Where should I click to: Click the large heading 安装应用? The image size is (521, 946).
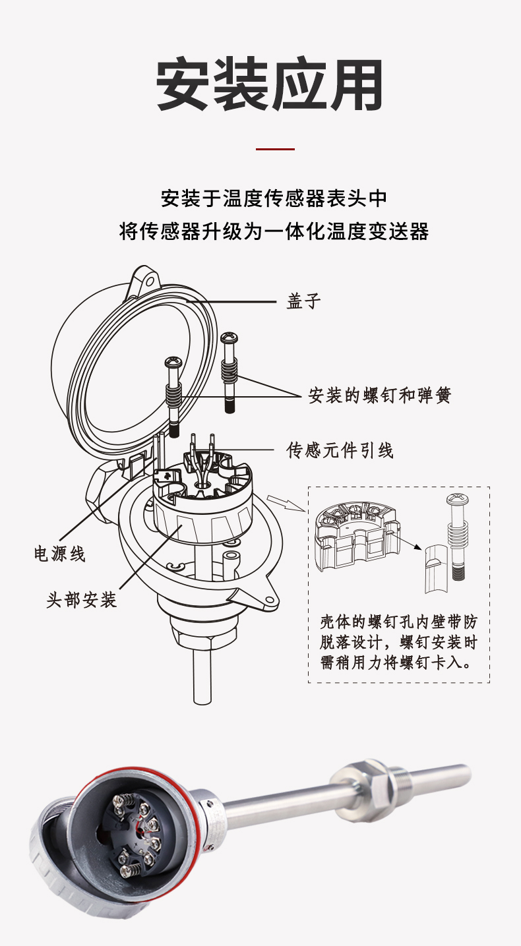pyautogui.click(x=270, y=86)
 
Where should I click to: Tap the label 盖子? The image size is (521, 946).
pyautogui.click(x=304, y=301)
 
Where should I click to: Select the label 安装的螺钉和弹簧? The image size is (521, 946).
pyautogui.click(x=380, y=396)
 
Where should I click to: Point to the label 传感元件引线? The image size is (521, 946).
pyautogui.click(x=340, y=450)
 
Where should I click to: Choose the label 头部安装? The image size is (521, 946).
pyautogui.click(x=82, y=600)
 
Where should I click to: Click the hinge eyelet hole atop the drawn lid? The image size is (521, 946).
pyautogui.click(x=150, y=280)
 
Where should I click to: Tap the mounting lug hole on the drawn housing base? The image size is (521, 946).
pyautogui.click(x=269, y=600)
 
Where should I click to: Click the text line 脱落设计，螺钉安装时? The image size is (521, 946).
pyautogui.click(x=398, y=642)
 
